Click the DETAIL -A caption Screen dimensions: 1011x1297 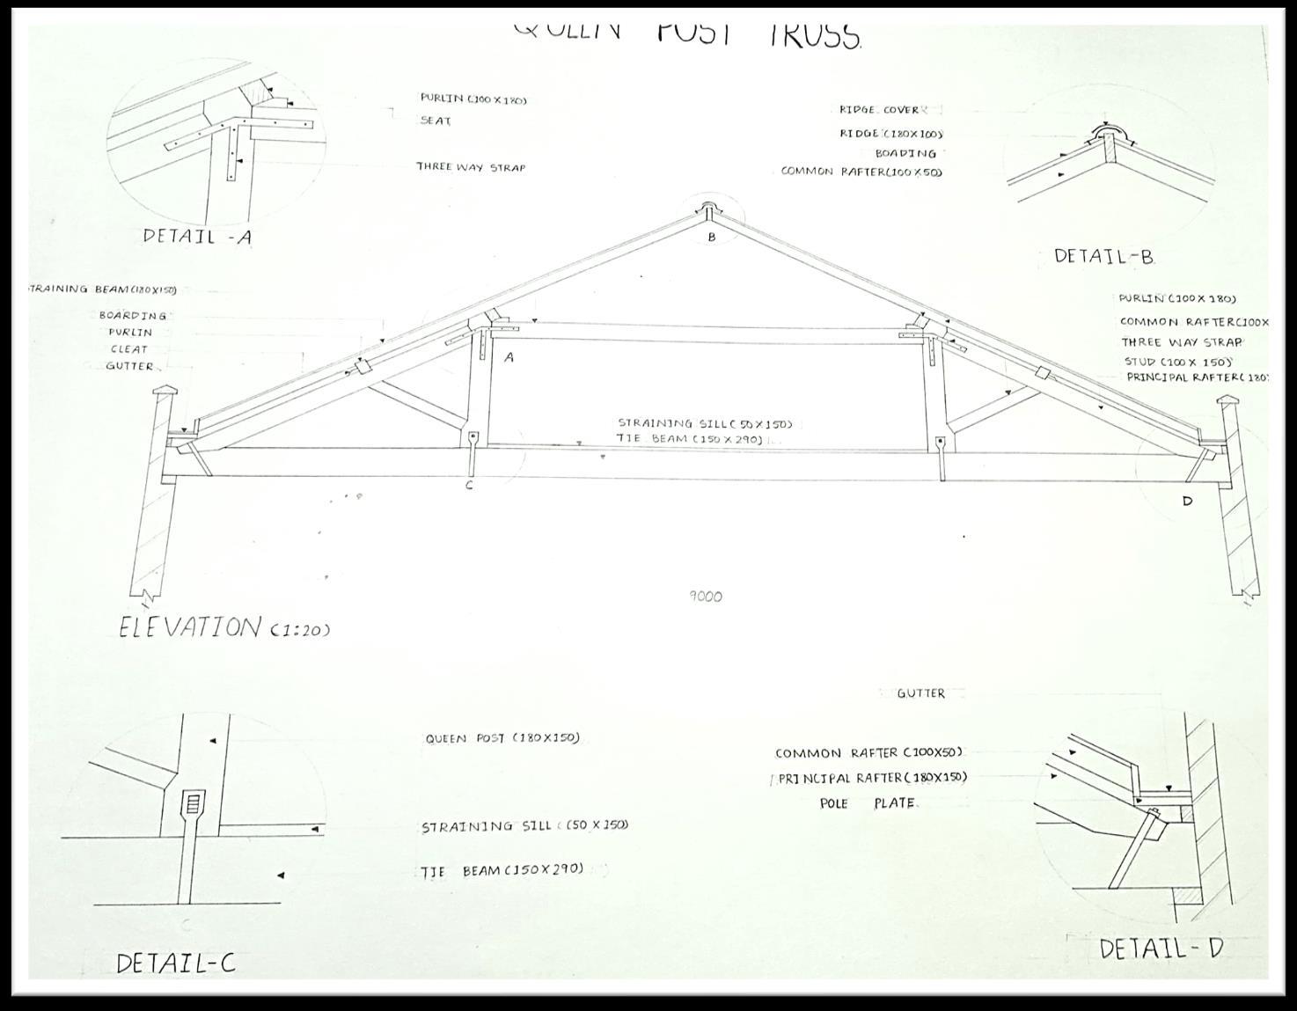click(197, 236)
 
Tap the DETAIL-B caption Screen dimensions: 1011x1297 click(1103, 257)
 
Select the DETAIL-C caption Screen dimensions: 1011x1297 click(175, 963)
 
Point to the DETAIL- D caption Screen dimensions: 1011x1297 click(1161, 949)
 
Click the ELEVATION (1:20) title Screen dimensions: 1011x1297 click(224, 628)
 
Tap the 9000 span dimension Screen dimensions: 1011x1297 click(705, 597)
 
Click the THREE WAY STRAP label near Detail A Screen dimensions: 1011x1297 click(471, 167)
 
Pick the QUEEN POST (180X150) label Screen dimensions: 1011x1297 click(502, 738)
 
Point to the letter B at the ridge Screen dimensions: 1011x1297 click(712, 237)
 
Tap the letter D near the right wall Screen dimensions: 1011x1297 click(1187, 502)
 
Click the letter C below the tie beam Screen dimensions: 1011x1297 click(469, 485)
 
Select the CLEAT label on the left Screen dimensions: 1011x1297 click(129, 349)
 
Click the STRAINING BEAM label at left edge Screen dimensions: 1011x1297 click(101, 289)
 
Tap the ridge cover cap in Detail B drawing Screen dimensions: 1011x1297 click(1107, 134)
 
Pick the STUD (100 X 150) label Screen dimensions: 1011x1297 click(1177, 362)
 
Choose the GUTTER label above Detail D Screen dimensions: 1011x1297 click(920, 693)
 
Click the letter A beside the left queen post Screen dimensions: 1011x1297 click(509, 358)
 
